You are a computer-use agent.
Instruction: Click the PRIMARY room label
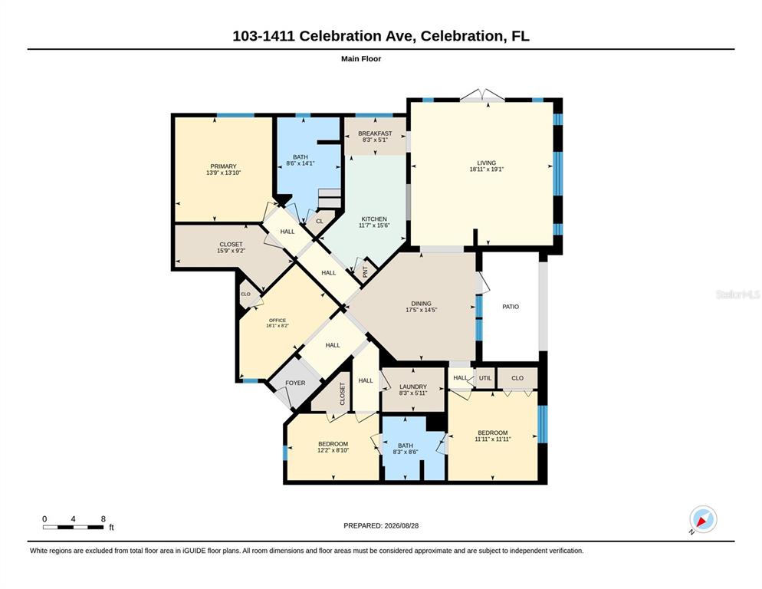click(x=223, y=166)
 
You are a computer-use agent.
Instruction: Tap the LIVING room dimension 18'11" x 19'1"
click(x=487, y=169)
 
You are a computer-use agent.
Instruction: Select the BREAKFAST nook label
click(x=375, y=133)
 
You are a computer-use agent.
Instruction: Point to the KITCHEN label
click(x=373, y=219)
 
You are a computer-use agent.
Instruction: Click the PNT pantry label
click(x=365, y=272)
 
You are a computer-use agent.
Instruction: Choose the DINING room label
click(x=421, y=304)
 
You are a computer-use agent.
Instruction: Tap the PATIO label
click(x=511, y=307)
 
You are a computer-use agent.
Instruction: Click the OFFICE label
click(x=278, y=321)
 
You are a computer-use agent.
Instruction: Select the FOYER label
click(x=295, y=383)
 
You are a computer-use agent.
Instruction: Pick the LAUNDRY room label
click(x=413, y=387)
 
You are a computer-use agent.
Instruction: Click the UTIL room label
click(x=485, y=378)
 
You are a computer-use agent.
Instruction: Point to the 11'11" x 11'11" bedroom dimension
click(x=493, y=439)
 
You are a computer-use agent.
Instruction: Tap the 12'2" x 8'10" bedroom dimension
click(x=333, y=450)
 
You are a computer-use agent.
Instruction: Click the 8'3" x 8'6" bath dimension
click(x=406, y=452)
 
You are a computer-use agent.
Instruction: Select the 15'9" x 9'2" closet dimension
click(x=231, y=251)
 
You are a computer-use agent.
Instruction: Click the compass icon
click(x=703, y=519)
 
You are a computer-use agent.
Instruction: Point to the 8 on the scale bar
click(x=103, y=519)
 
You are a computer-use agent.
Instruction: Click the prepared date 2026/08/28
click(x=402, y=526)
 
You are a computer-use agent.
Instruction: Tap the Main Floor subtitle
click(x=361, y=59)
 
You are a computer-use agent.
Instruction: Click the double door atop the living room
click(x=482, y=95)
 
